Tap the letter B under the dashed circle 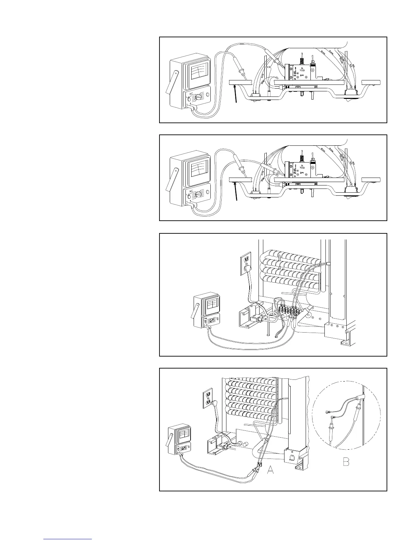tap(346, 462)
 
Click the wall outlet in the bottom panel tap(207, 399)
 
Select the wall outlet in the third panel tap(246, 263)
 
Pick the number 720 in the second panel tap(303, 168)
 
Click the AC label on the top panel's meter tap(191, 93)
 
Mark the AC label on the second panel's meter tap(191, 191)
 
